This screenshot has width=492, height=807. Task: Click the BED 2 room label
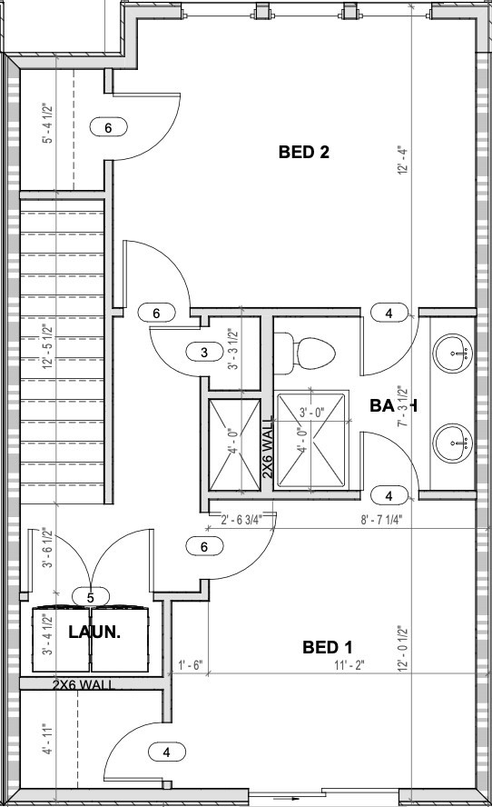[302, 153]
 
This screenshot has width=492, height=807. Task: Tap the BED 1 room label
[327, 647]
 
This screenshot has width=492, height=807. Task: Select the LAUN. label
[94, 631]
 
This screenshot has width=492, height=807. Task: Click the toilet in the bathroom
[307, 352]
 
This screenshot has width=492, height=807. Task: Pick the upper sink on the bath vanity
[452, 348]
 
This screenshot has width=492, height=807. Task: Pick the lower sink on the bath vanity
[452, 443]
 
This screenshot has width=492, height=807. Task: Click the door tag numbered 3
[204, 352]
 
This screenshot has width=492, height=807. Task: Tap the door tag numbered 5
[91, 597]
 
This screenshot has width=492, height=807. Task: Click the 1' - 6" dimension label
[191, 665]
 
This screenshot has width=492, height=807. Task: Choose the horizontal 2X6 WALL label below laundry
[84, 684]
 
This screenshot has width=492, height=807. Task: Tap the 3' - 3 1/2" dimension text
[231, 350]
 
